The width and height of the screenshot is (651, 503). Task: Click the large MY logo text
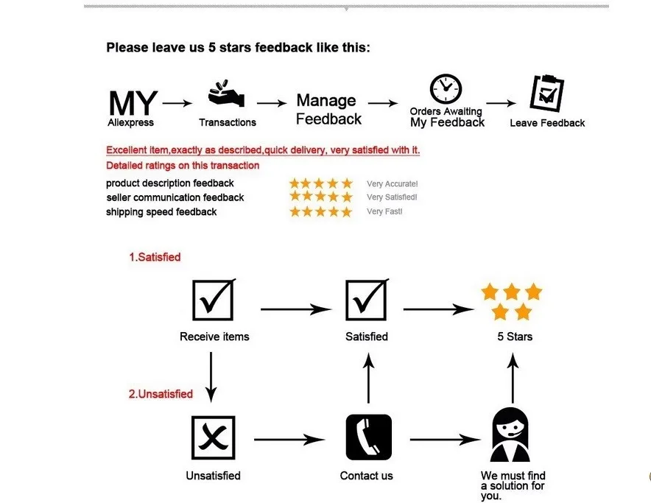(x=133, y=102)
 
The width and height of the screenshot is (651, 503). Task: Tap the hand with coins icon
(x=226, y=96)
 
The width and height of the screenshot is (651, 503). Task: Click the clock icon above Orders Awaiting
(x=446, y=89)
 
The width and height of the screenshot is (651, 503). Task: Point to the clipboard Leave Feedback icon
(x=547, y=93)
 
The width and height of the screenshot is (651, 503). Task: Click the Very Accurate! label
(x=392, y=184)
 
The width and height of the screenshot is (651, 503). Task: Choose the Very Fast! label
(x=384, y=212)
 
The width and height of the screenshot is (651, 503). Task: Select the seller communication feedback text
(x=175, y=197)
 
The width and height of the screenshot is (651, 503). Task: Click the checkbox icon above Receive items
(x=214, y=299)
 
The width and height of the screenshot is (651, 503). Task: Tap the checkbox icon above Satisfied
(x=366, y=299)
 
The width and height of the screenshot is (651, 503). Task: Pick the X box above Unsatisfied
(x=214, y=437)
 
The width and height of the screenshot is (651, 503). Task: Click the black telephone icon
(x=368, y=437)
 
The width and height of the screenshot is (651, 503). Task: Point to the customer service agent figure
(x=510, y=436)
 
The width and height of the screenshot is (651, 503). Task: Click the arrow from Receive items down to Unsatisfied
(x=211, y=376)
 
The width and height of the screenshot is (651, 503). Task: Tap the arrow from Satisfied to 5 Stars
(x=437, y=309)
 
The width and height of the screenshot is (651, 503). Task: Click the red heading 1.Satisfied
(x=155, y=258)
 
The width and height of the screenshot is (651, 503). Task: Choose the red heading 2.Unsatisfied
(x=161, y=394)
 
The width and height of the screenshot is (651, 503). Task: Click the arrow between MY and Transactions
(x=177, y=104)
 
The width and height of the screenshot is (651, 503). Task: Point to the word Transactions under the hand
(x=228, y=123)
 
